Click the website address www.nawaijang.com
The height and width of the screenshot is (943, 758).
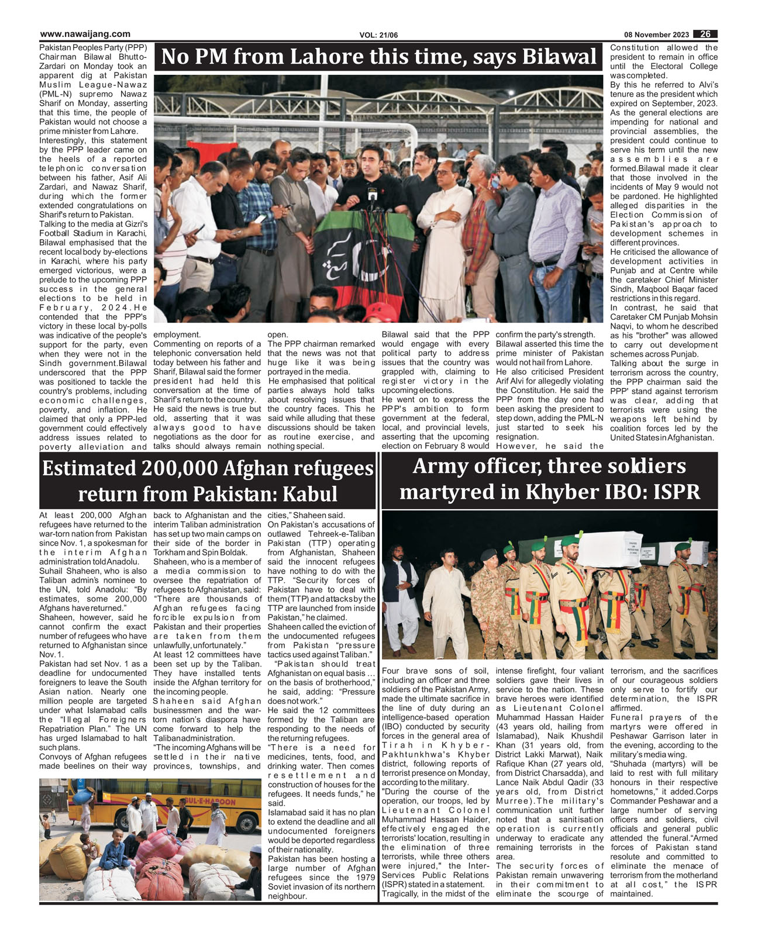[x=85, y=34]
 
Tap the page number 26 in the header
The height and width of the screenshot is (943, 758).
[x=706, y=34]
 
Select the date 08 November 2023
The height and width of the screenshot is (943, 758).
[x=656, y=34]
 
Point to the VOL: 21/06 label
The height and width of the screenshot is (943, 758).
[x=378, y=35]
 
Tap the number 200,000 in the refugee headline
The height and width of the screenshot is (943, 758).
[x=181, y=469]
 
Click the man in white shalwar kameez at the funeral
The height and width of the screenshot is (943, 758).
[x=446, y=602]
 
